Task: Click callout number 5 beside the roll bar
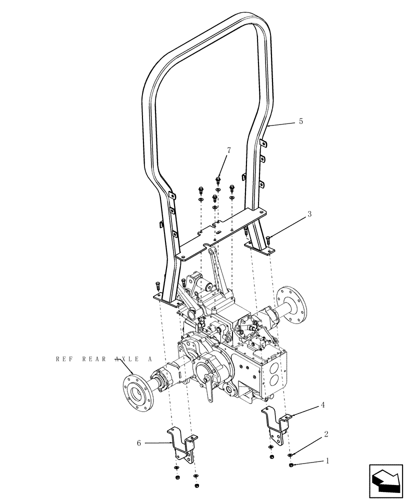(x=300, y=121)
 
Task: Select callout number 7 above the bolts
(x=229, y=150)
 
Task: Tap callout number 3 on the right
(x=309, y=214)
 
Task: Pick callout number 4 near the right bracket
(x=322, y=405)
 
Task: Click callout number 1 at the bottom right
(x=328, y=461)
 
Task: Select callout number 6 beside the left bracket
(x=138, y=442)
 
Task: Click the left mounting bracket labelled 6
(x=181, y=444)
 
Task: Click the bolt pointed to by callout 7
(x=218, y=179)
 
